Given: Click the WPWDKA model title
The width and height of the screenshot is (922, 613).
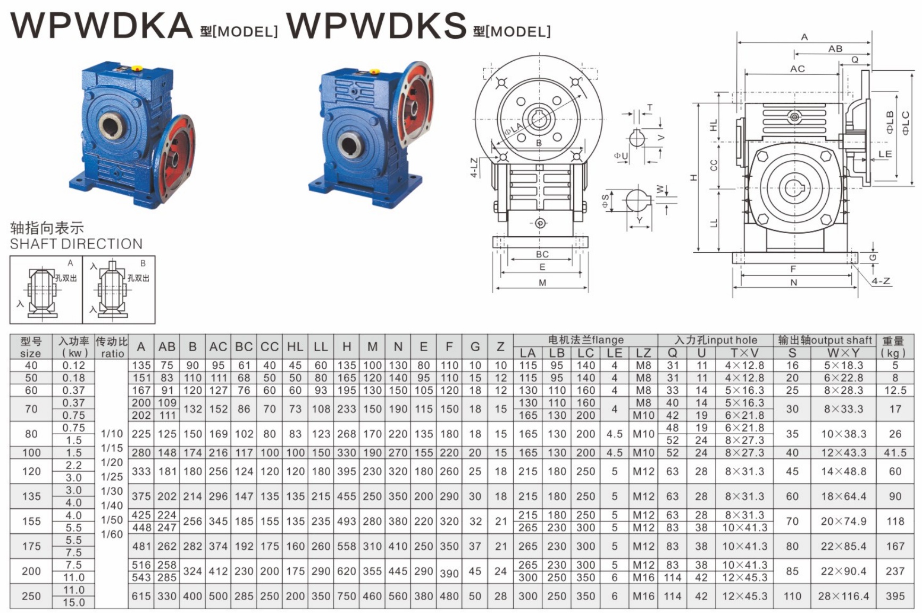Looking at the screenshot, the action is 101,25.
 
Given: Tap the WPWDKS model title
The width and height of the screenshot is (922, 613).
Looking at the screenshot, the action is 376,25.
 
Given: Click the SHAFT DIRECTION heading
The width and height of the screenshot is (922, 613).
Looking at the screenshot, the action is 76,244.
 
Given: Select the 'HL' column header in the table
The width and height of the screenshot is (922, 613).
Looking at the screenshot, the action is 295,346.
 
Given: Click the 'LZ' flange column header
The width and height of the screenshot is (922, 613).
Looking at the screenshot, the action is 643,353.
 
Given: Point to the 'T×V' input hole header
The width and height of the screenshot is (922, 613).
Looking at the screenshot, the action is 744,353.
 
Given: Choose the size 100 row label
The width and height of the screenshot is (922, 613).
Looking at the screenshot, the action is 31,452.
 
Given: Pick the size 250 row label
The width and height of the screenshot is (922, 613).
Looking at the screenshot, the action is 31,596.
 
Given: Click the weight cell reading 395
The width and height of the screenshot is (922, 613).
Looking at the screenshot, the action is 895,596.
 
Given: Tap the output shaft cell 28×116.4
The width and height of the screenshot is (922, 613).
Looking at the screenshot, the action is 843,596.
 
